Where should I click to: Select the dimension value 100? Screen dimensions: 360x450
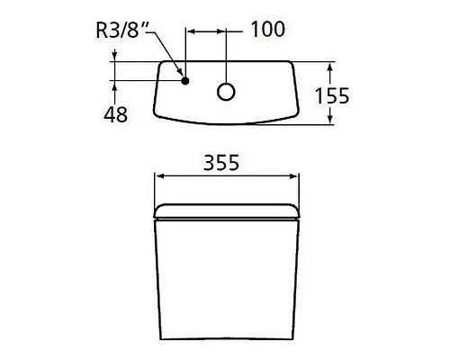(266, 30)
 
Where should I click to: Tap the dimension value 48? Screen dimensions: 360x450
(115, 114)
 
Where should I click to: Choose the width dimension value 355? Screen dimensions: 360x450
(227, 163)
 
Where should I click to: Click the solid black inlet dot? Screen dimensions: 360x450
(185, 81)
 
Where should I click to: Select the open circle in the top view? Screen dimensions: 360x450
(226, 91)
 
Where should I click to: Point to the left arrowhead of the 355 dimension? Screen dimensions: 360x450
(160, 175)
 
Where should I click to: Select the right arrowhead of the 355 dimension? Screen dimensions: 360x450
(294, 175)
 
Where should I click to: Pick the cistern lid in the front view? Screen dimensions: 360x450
(227, 211)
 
